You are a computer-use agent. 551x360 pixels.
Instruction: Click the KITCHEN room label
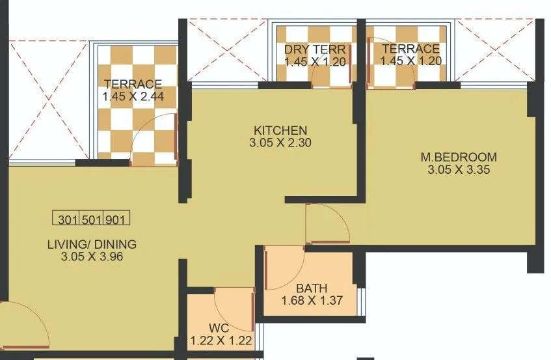280,130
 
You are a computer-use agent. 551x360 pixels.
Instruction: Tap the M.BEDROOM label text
458,157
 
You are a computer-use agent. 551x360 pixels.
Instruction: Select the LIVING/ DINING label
92,245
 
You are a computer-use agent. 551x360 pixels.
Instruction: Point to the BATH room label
312,288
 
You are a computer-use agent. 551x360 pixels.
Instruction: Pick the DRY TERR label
314,49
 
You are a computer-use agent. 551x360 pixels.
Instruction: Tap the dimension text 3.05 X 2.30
280,143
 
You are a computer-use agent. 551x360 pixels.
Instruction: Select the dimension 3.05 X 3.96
92,256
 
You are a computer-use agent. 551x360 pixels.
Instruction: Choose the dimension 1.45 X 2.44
132,96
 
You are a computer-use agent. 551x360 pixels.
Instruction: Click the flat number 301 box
67,220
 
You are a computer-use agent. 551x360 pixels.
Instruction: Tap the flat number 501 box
92,220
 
